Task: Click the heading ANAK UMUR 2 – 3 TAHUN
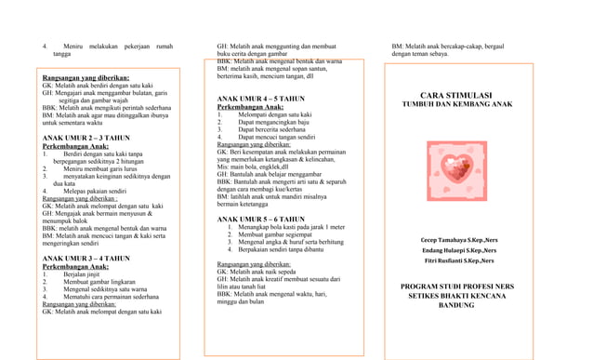pyautogui.click(x=86, y=138)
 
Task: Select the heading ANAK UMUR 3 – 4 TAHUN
pyautogui.click(x=86, y=258)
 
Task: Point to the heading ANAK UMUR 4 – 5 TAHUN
pyautogui.click(x=259, y=97)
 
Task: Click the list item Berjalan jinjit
pyautogui.click(x=78, y=275)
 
